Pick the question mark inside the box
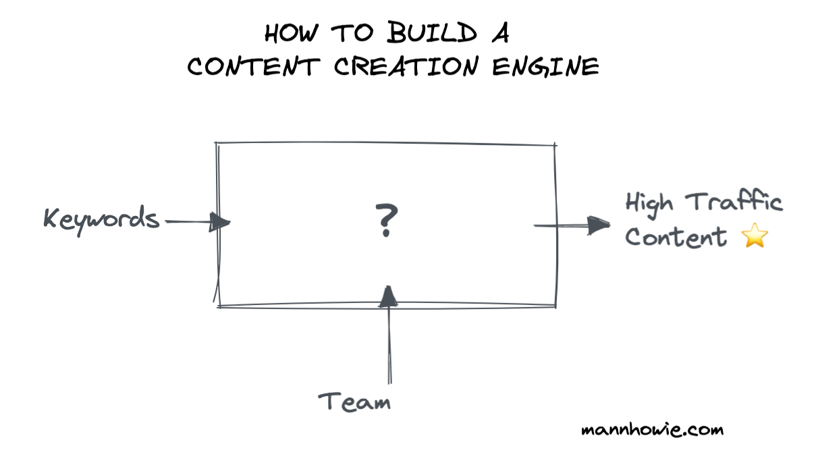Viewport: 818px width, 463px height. click(386, 221)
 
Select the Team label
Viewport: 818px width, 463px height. click(355, 402)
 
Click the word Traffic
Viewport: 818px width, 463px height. click(734, 202)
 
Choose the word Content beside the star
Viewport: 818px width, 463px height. click(676, 237)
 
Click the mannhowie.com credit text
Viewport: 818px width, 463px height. click(652, 429)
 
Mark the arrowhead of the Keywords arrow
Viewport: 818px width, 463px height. click(220, 221)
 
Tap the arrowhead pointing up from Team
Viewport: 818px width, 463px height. click(387, 296)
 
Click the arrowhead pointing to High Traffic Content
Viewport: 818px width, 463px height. click(598, 225)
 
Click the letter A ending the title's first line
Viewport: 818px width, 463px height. click(498, 33)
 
